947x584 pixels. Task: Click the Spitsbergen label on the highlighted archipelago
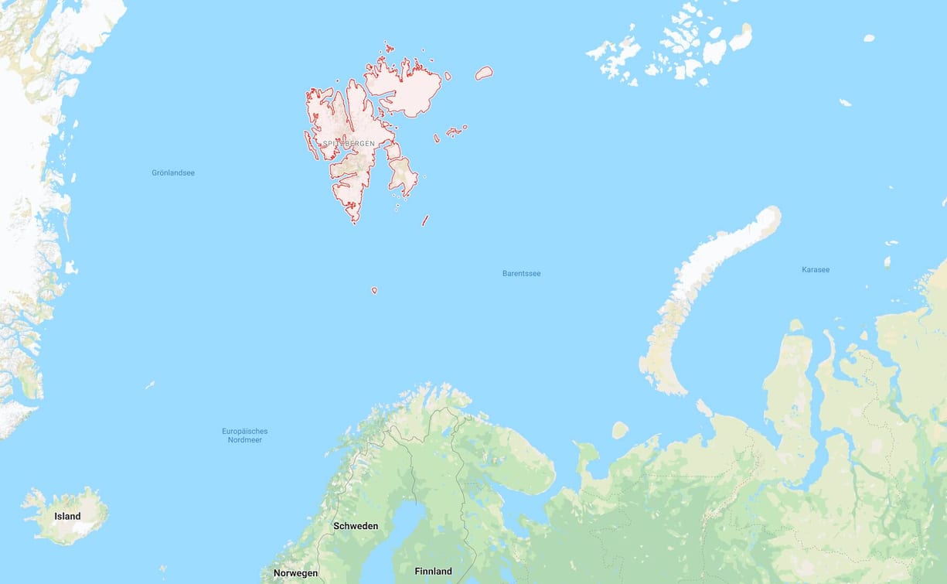[x=349, y=144]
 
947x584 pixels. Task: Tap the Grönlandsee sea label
[x=173, y=172]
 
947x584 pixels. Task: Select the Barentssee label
[x=521, y=273]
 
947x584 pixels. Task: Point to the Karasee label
[x=816, y=269]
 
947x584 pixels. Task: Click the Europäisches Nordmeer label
[x=244, y=435]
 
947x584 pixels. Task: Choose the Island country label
[x=67, y=516]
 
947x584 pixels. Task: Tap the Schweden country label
[x=356, y=526]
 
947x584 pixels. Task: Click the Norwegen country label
[x=295, y=573]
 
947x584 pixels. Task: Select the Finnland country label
[x=433, y=572]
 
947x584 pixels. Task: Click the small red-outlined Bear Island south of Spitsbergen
[x=374, y=291]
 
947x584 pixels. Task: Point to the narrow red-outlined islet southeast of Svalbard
[x=424, y=220]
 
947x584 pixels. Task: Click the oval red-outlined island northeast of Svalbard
[x=484, y=73]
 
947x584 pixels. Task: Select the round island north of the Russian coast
[x=620, y=430]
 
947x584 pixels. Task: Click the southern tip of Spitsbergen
[x=355, y=219]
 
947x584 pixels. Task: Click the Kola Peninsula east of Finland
[x=510, y=464]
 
